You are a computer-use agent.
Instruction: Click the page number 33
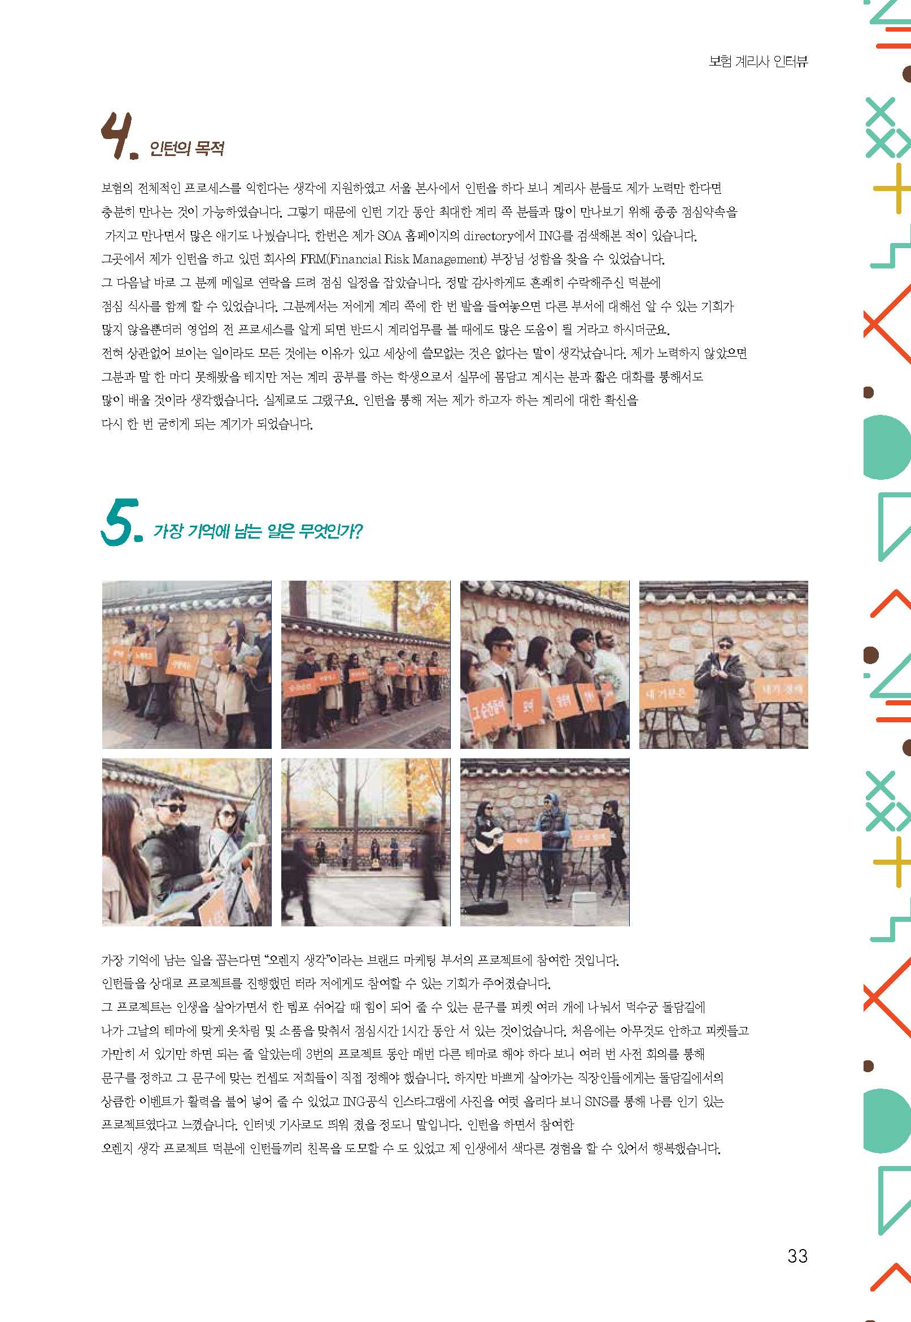coord(797,1256)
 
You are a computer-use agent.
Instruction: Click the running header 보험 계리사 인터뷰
coord(758,62)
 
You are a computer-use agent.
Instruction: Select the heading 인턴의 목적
coord(186,149)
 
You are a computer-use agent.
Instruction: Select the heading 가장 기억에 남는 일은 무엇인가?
coord(258,532)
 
